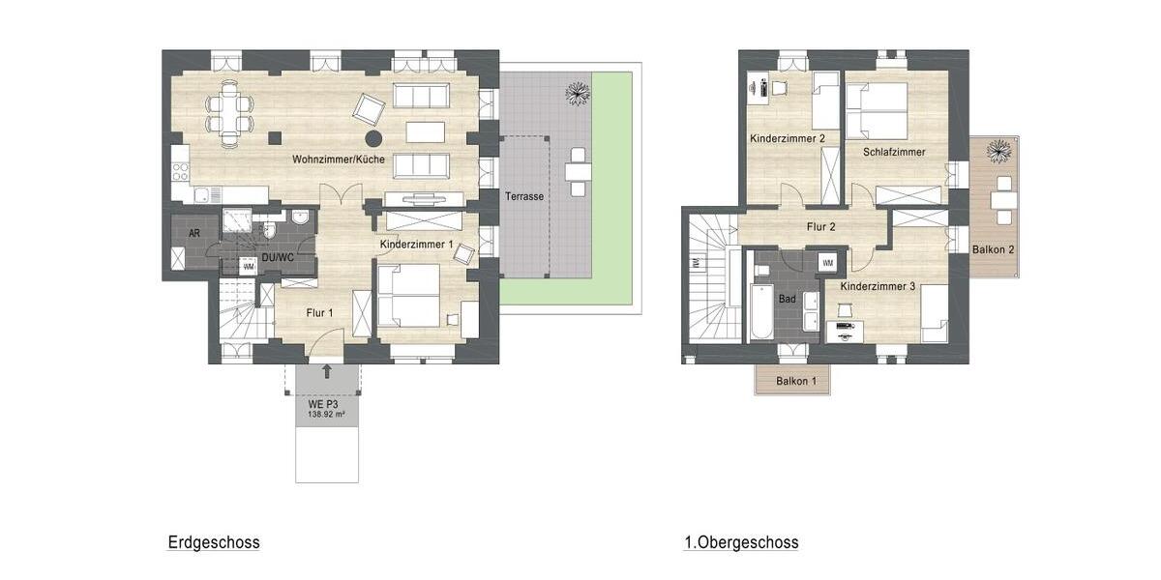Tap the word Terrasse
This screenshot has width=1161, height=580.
pos(523,196)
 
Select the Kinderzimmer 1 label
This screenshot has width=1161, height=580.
pos(417,245)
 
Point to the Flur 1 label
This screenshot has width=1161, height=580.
pos(319,312)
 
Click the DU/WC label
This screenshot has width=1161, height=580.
pos(277,258)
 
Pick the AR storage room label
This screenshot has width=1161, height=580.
pos(193,233)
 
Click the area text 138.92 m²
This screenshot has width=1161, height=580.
pos(326,414)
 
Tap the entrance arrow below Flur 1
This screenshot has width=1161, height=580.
pos(326,370)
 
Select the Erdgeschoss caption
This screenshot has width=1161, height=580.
pos(213,542)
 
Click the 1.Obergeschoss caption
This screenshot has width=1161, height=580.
pos(741,542)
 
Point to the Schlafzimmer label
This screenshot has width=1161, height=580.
pos(894,152)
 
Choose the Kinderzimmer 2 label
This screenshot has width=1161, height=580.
pos(788,139)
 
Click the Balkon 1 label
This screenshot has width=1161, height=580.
pos(796,382)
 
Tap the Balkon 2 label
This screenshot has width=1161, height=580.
pos(994,249)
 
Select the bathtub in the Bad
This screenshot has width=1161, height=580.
pos(761,311)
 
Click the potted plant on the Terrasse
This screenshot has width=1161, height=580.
pos(578,93)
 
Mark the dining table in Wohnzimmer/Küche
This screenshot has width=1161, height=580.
pos(228,113)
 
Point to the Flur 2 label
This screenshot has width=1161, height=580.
pos(819,227)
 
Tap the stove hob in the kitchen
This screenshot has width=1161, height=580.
pos(180,172)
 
